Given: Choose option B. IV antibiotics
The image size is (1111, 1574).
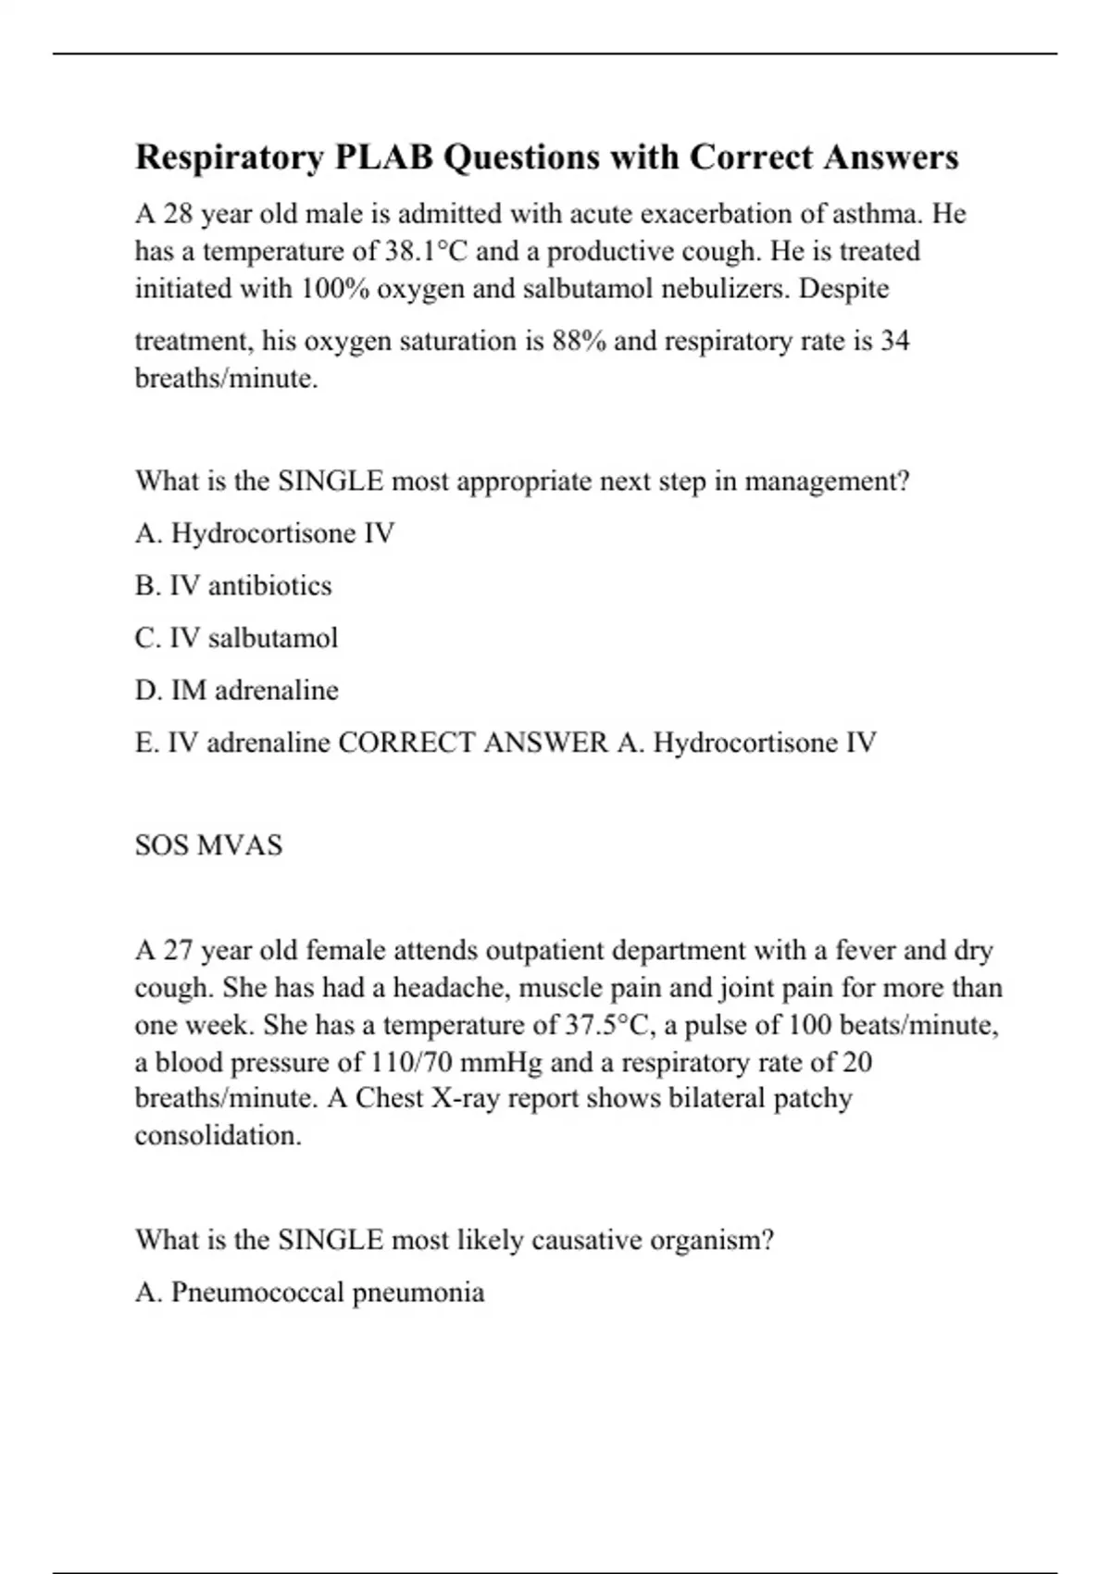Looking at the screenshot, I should click(233, 586).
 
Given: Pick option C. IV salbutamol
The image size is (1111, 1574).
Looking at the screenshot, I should click(236, 639).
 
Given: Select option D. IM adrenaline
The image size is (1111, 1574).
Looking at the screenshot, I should click(237, 691).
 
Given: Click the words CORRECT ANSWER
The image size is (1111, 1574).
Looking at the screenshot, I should click(473, 743).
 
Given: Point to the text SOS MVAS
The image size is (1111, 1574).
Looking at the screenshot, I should click(208, 846).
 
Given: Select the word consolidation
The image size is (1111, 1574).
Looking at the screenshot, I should click(218, 1136).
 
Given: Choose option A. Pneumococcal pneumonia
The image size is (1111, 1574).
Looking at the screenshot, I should click(309, 1293).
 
